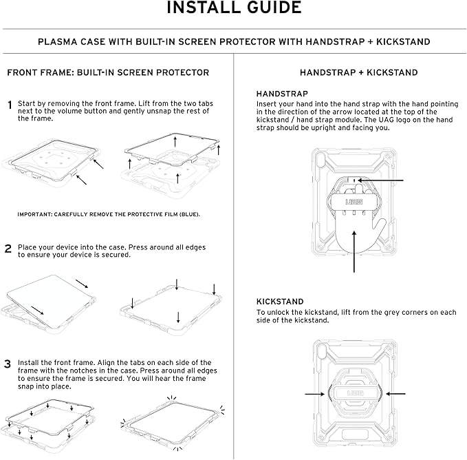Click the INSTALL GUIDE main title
(233, 8)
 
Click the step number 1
(10, 105)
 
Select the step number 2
(8, 249)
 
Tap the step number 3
(8, 364)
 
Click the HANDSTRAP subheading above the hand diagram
(282, 93)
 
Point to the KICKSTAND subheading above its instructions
(280, 302)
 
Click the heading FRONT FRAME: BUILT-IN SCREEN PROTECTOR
(108, 72)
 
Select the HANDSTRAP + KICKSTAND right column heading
(358, 72)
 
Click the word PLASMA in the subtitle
(58, 41)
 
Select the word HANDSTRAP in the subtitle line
(336, 41)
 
